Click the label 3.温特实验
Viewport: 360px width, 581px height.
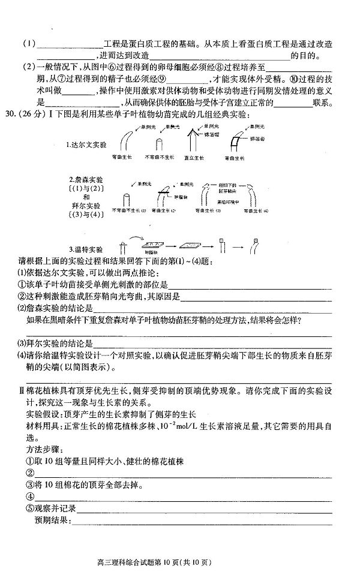coord(87,248)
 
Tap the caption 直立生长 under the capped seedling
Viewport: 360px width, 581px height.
coord(193,158)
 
